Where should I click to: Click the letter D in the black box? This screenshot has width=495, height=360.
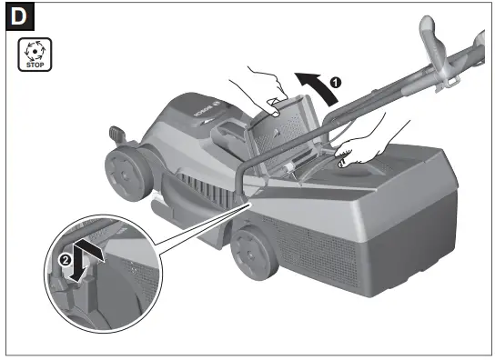(21, 17)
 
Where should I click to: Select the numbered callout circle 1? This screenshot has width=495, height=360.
(335, 82)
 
